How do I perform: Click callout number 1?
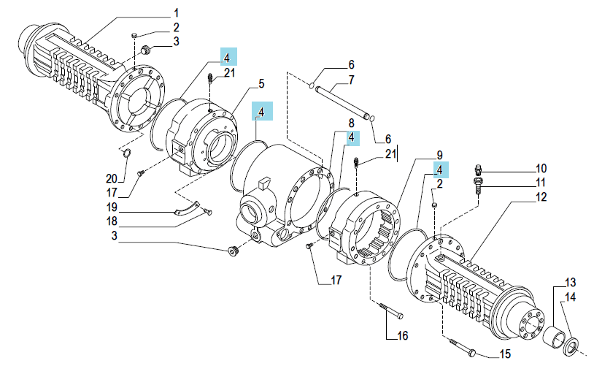click(176, 13)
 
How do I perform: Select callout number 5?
click(261, 84)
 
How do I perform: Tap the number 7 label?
click(351, 80)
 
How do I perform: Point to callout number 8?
click(351, 123)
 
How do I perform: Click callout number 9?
click(439, 155)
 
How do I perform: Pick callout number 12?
click(541, 197)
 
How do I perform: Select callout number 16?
click(402, 335)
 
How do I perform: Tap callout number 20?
click(112, 178)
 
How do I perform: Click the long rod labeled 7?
click(342, 102)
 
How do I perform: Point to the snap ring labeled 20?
click(127, 153)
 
